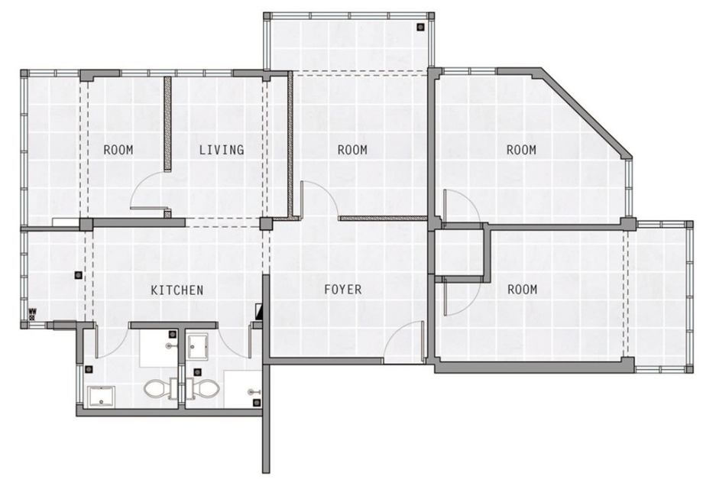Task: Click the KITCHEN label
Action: [x=177, y=290]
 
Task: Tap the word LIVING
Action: [x=222, y=149]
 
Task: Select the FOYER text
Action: [x=343, y=289]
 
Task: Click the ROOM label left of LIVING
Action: [x=118, y=149]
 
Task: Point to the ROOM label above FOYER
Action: [x=352, y=149]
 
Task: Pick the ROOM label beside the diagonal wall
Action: [x=521, y=149]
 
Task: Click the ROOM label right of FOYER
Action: [x=523, y=289]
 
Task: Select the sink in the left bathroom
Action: [x=102, y=397]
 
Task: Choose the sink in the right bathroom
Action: [x=197, y=347]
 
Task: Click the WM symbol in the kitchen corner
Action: [x=32, y=313]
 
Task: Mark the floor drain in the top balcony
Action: [x=420, y=27]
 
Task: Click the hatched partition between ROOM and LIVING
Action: [x=167, y=123]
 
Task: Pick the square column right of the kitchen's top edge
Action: [x=267, y=223]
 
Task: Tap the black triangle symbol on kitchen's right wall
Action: [x=259, y=310]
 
